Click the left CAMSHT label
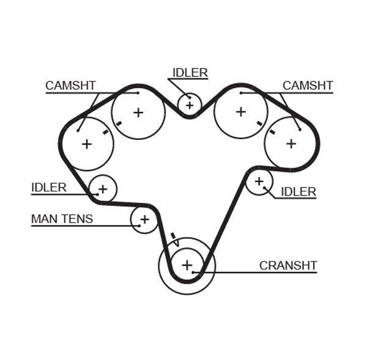pyautogui.click(x=70, y=86)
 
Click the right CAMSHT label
pyautogui.click(x=307, y=86)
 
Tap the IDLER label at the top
pyautogui.click(x=190, y=73)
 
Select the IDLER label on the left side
pyautogui.click(x=49, y=188)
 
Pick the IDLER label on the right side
pyautogui.click(x=298, y=192)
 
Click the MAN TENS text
pyautogui.click(x=62, y=218)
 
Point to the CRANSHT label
pyautogui.click(x=288, y=265)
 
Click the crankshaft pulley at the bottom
pyautogui.click(x=187, y=265)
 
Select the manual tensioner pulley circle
pyautogui.click(x=144, y=219)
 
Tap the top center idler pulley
pyautogui.click(x=190, y=105)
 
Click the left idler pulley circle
pyautogui.click(x=103, y=188)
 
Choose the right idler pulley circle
pyautogui.click(x=259, y=182)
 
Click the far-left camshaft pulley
pyautogui.click(x=87, y=144)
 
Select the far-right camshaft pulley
pyautogui.click(x=291, y=144)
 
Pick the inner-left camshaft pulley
pyautogui.click(x=138, y=112)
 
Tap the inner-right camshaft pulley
pyautogui.click(x=240, y=112)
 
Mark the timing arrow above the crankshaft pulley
pyautogui.click(x=175, y=239)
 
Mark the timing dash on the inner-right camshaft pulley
pyautogui.click(x=259, y=123)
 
